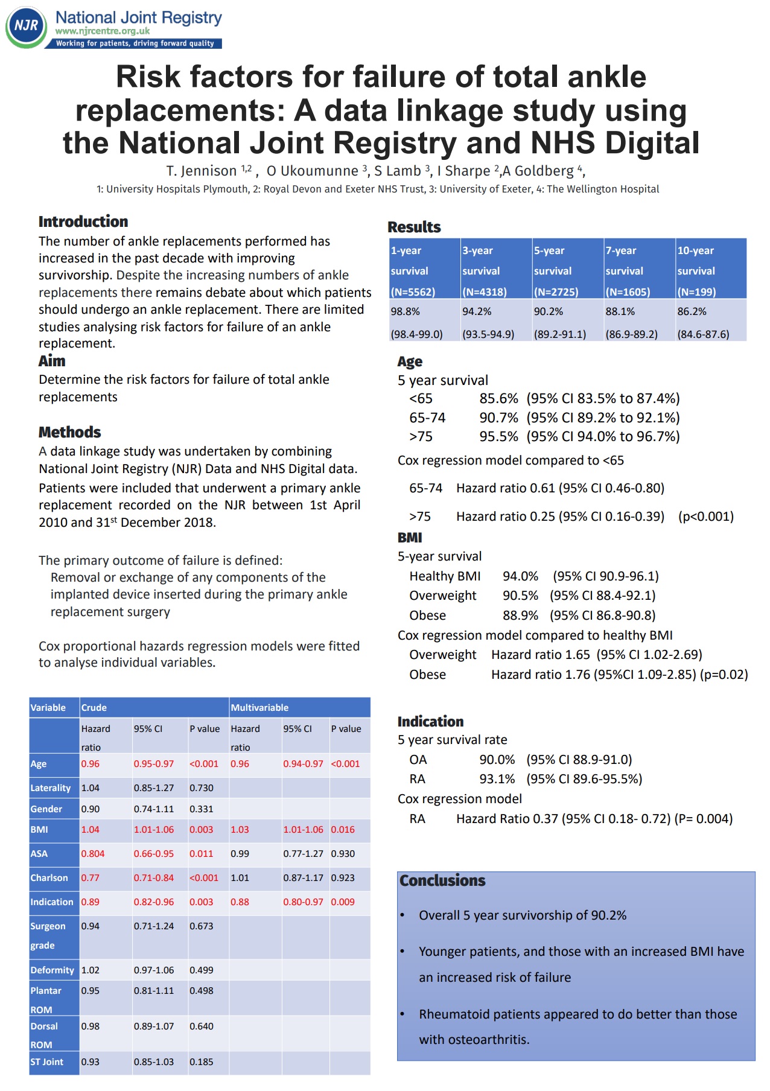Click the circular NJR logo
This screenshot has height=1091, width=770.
26,27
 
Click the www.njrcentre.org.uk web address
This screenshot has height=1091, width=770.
102,31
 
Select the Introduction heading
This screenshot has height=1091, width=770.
83,221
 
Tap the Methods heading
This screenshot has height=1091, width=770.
69,432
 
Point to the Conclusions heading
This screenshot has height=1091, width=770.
442,880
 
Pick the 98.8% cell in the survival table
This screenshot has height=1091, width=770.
405,311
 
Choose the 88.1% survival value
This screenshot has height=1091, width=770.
620,311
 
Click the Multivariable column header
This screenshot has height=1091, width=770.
259,707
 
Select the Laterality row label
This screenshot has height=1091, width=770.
51,787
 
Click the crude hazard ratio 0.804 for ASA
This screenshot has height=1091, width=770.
93,853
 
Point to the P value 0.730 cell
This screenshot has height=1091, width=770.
202,787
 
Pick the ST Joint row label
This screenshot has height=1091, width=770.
47,1061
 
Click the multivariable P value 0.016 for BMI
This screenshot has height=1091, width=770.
343,829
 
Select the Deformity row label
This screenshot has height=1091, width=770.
52,970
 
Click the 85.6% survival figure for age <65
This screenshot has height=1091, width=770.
498,398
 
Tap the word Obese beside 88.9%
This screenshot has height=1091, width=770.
428,615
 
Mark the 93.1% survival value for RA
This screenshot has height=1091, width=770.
497,778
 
